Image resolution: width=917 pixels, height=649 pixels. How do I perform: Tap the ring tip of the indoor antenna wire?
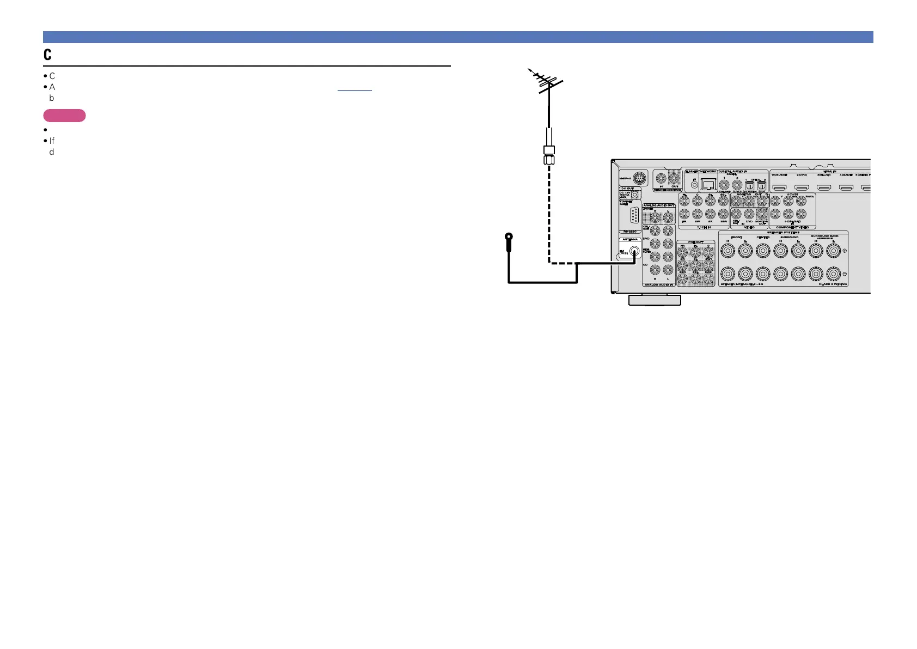tap(509, 237)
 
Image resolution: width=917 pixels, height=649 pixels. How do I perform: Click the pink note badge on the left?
tap(64, 116)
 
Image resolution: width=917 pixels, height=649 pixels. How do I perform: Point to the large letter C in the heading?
tap(48, 54)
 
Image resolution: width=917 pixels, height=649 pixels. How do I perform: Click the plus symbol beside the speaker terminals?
tap(845, 251)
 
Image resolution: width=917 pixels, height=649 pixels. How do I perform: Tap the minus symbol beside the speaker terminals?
tap(845, 274)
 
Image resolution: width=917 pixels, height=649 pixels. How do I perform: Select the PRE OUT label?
tap(695, 242)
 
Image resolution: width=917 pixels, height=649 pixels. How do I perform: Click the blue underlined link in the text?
tap(354, 87)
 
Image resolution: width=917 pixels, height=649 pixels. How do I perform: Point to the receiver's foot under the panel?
tap(655, 300)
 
